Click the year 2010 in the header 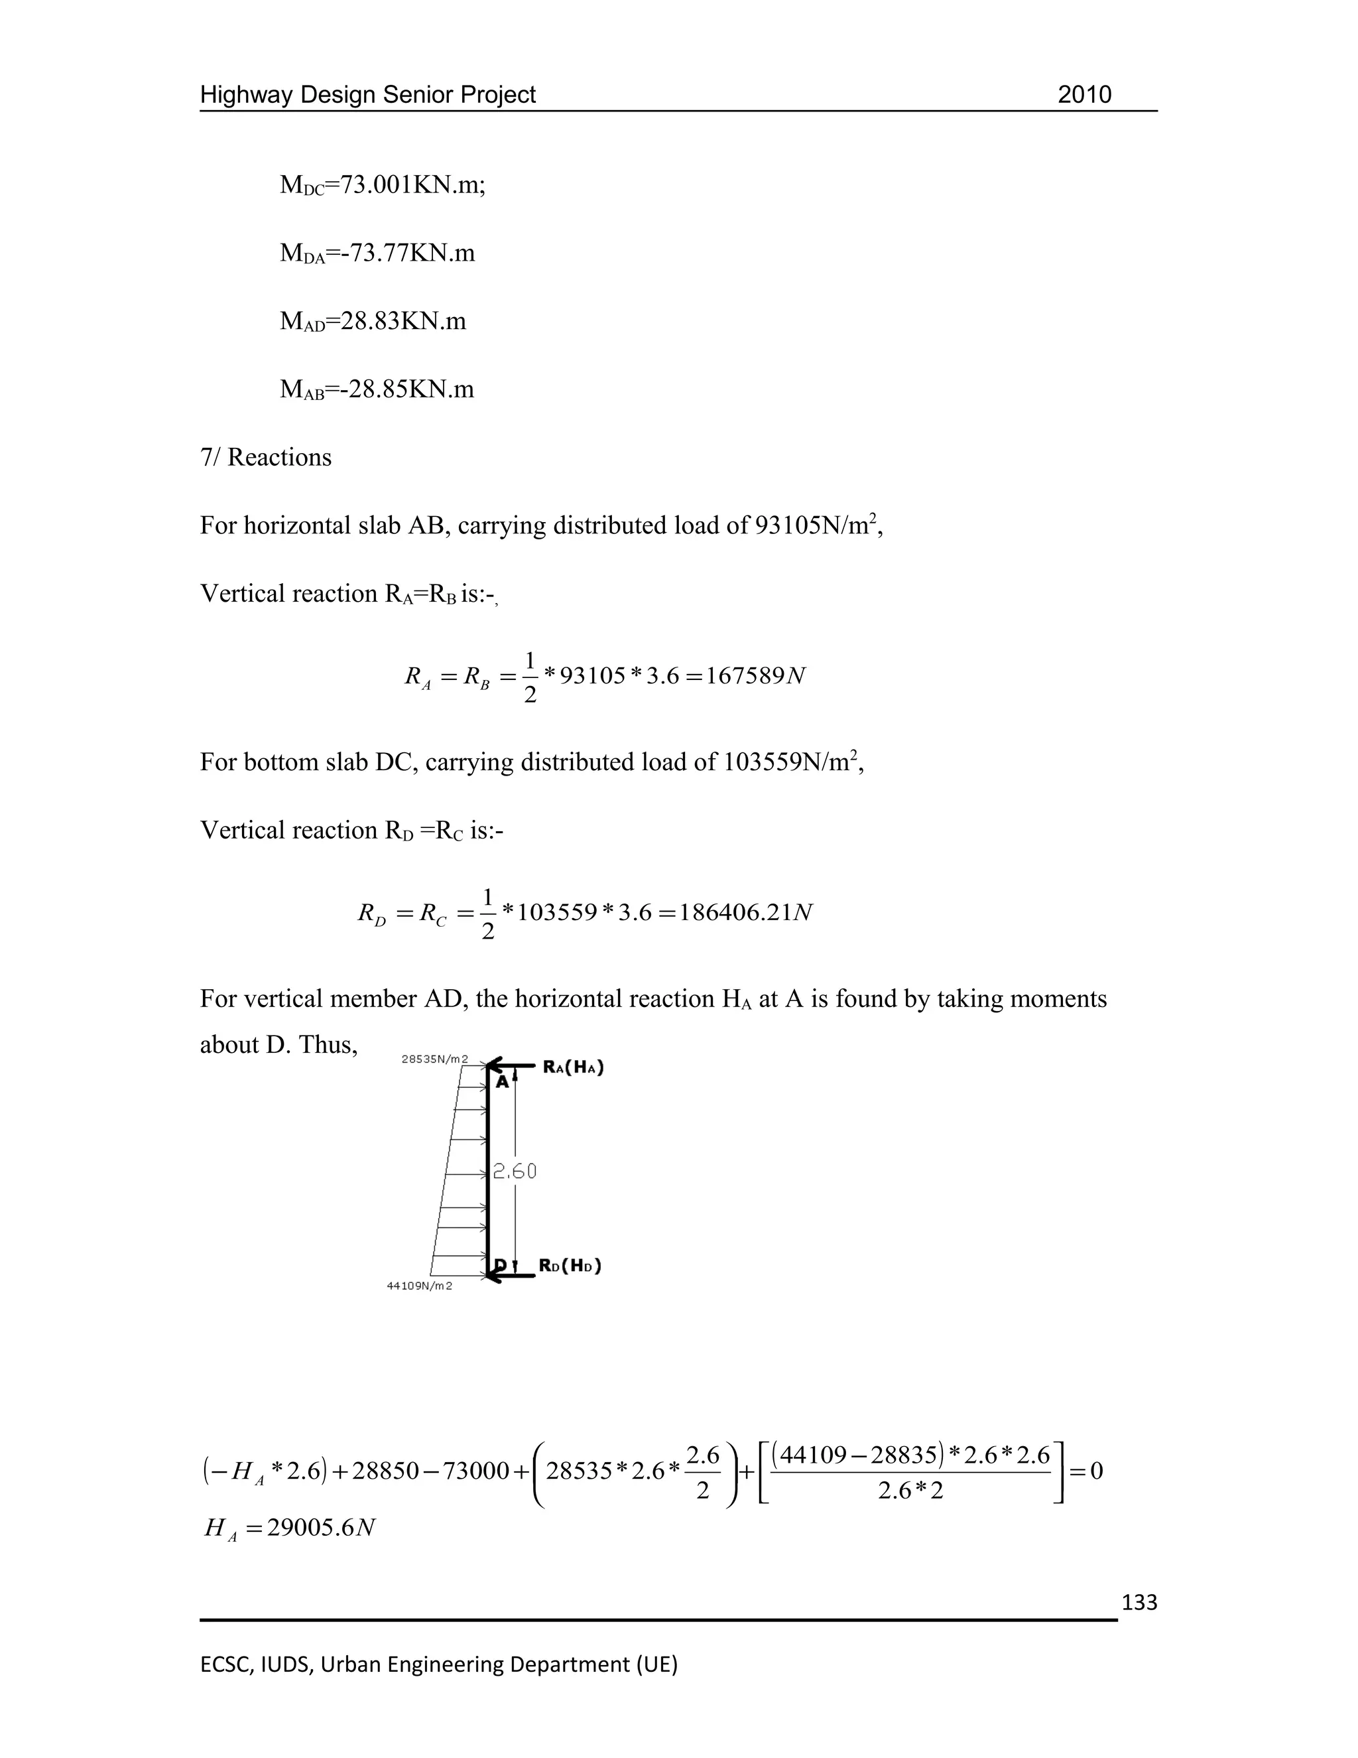coord(1083,95)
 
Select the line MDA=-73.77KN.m coord(377,253)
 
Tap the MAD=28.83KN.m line coord(373,321)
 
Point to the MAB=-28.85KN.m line coord(377,389)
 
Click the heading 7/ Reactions coord(265,457)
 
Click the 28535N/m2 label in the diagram coord(434,1059)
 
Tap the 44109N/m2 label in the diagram coord(419,1286)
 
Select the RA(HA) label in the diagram coord(574,1067)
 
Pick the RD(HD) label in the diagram coord(570,1265)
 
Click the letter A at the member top coord(502,1083)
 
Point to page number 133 coord(1139,1603)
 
